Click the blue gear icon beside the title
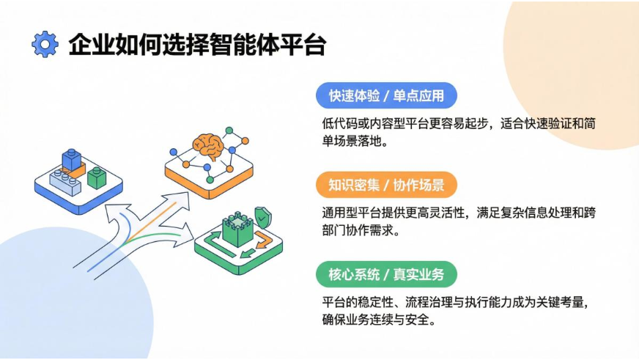pyautogui.click(x=45, y=44)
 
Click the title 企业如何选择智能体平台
pyautogui.click(x=197, y=45)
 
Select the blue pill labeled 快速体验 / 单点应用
pyautogui.click(x=386, y=95)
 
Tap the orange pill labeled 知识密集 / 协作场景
pyautogui.click(x=386, y=185)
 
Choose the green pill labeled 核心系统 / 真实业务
pyautogui.click(x=386, y=274)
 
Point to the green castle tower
pyautogui.click(x=237, y=228)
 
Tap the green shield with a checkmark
pyautogui.click(x=263, y=216)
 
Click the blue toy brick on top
pyautogui.click(x=72, y=159)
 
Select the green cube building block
pyautogui.click(x=97, y=177)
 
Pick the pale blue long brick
pyautogui.click(x=65, y=183)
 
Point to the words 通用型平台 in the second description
pyautogui.click(x=351, y=213)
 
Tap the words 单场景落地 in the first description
pyautogui.click(x=351, y=141)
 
